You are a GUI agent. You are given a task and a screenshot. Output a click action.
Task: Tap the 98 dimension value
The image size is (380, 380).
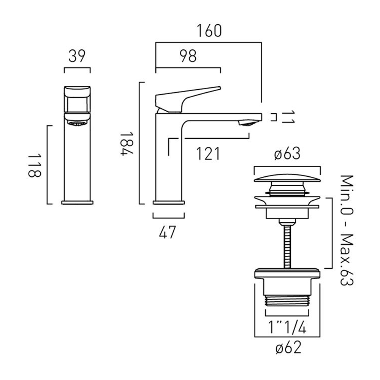[188, 56]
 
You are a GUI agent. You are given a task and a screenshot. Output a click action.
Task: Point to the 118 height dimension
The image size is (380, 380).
[34, 165]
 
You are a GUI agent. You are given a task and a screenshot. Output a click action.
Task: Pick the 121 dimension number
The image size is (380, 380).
[208, 154]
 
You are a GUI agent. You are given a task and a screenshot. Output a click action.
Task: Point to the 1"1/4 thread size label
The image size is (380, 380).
[287, 327]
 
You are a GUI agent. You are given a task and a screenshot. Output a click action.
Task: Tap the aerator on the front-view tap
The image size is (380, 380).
[77, 123]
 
